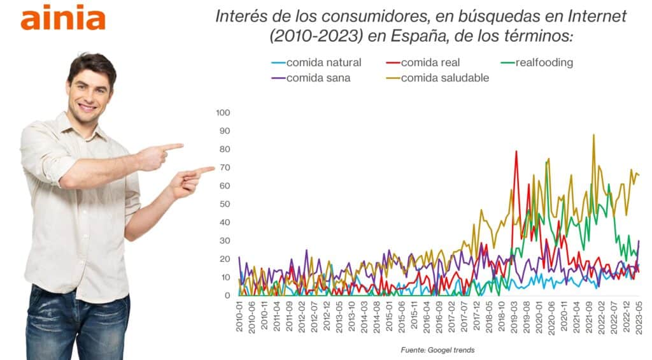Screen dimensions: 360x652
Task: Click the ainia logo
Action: (62, 18)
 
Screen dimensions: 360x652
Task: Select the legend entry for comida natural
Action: (323, 62)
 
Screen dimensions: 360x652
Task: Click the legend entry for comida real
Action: (430, 62)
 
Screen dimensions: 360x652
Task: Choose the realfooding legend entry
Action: (544, 62)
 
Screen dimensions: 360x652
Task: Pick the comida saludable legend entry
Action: (444, 78)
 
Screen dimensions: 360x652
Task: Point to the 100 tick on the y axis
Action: (223, 113)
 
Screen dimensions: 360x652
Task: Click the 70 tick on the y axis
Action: (225, 168)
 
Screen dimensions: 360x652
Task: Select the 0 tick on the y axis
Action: (227, 296)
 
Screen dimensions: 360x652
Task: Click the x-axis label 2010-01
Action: (240, 315)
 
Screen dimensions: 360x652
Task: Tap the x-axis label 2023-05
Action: (638, 315)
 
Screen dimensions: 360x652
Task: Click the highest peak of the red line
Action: (516, 151)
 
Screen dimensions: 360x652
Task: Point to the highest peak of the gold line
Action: (594, 135)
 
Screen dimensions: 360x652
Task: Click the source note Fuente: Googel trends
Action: (437, 350)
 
